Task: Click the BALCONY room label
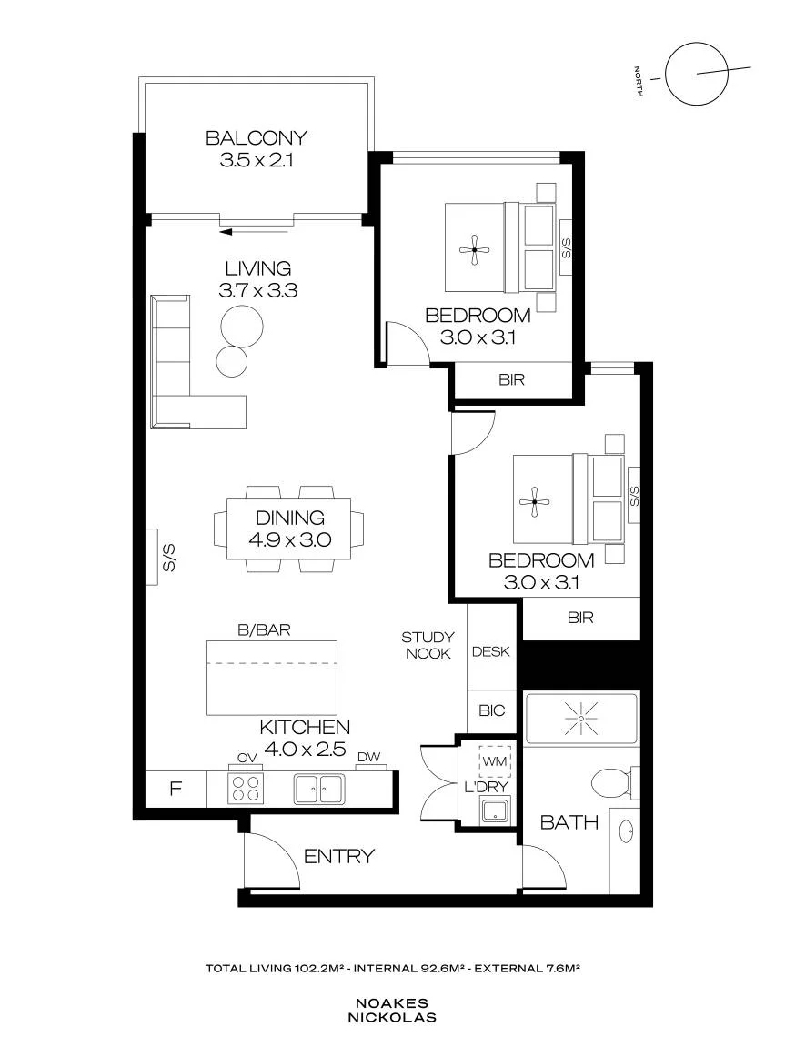(257, 137)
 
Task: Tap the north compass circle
(696, 74)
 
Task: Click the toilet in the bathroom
(614, 783)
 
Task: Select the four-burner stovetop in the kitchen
(246, 788)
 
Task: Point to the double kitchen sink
(320, 790)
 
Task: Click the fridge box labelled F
(176, 789)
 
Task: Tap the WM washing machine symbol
(495, 761)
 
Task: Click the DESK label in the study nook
(490, 651)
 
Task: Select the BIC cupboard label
(492, 710)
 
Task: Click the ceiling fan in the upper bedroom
(474, 250)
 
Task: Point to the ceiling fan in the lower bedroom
(534, 501)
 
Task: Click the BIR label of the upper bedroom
(511, 380)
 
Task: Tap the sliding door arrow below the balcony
(254, 232)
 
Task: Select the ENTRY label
(339, 856)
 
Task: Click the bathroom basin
(627, 832)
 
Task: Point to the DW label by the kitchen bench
(368, 757)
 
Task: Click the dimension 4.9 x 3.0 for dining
(289, 539)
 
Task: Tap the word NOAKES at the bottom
(392, 1003)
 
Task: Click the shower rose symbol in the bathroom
(580, 719)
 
